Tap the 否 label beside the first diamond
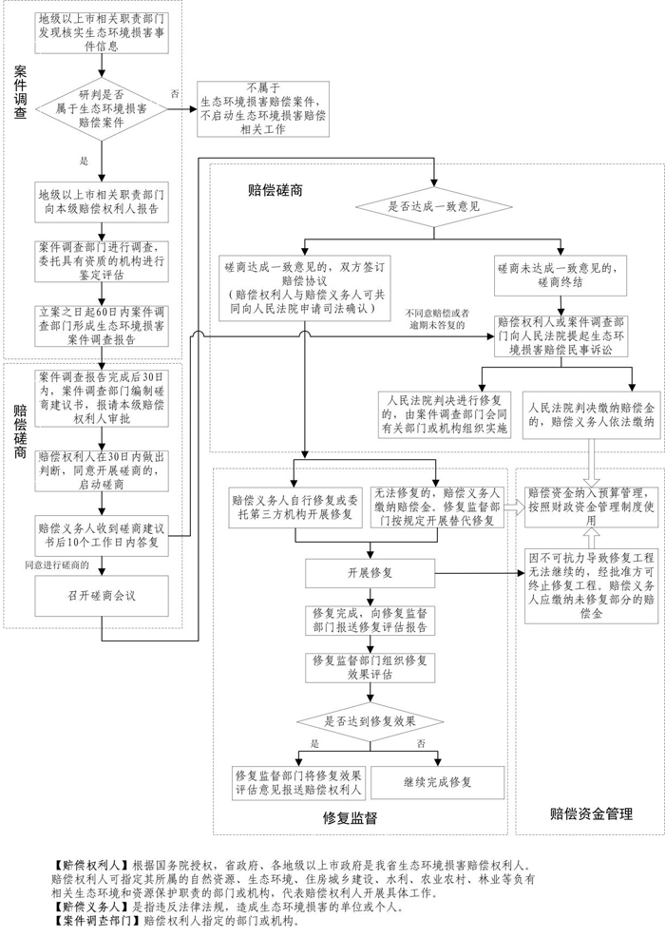coord(174,93)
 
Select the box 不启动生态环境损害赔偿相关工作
coord(263,106)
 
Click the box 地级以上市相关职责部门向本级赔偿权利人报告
coord(102,199)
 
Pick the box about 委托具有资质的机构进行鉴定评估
coord(102,259)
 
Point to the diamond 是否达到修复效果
coord(370,721)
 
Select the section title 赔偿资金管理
coord(591,813)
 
